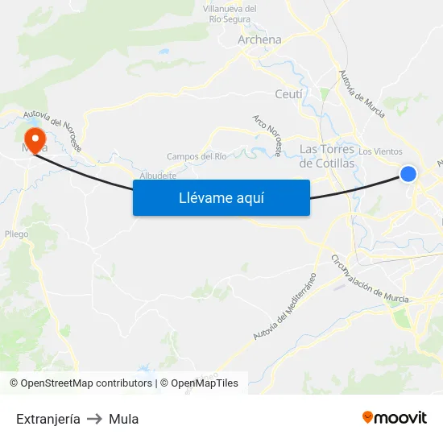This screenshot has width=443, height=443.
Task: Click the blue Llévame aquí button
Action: pos(221,197)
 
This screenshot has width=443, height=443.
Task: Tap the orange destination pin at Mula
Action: pos(35,138)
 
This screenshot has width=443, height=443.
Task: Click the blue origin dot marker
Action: pos(408,173)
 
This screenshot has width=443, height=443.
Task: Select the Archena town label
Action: pos(259,39)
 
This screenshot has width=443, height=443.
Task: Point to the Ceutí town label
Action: pos(289,94)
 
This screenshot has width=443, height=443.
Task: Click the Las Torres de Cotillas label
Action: pos(326,156)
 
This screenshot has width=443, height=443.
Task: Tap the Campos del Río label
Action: pos(197,156)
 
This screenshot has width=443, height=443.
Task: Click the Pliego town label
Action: pos(16,234)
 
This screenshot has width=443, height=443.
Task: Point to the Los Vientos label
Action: pos(380,151)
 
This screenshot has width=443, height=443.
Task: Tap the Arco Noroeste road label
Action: pos(267,135)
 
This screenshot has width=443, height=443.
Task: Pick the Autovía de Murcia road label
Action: pos(362,93)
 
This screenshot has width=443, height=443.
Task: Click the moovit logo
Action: pos(394,418)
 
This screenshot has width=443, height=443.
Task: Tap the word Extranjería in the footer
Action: pos(48,419)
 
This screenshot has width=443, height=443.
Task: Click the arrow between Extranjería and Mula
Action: pos(94,419)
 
